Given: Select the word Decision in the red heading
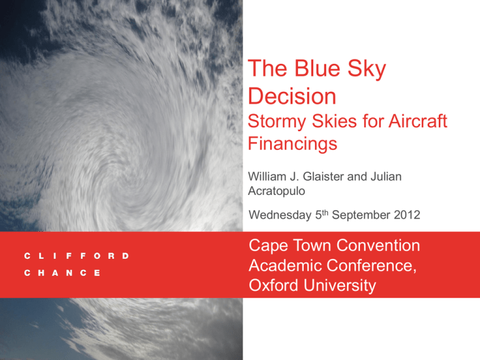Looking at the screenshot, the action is pos(292,96).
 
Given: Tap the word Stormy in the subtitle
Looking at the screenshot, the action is pos(276,122).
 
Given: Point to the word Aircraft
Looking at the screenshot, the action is pos(418,121).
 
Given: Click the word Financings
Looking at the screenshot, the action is pos(292,144).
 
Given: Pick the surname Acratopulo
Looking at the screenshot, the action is pos(276,191).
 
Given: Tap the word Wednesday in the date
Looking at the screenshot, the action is pos(280,215).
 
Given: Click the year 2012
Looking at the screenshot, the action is pos(407,215).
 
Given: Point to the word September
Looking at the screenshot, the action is pos(361,215).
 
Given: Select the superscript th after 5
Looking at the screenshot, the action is pos(324,212).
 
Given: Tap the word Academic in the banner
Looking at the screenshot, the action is pos(286,265).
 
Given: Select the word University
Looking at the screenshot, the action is pos(340,286).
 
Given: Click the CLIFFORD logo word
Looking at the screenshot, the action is pos(76,256).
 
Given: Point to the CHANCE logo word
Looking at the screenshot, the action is pos(62,272).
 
